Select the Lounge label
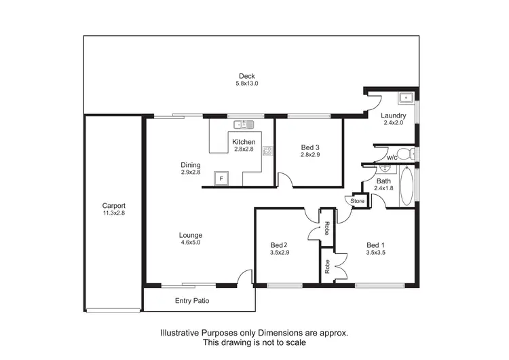[191, 236]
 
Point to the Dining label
[191, 164]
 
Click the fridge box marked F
[220, 179]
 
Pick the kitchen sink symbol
[243, 124]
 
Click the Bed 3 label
[309, 147]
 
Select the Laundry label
[393, 115]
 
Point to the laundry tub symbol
[406, 98]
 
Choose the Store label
[358, 201]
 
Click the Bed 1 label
[375, 245]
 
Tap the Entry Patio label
[193, 300]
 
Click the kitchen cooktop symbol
[267, 151]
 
